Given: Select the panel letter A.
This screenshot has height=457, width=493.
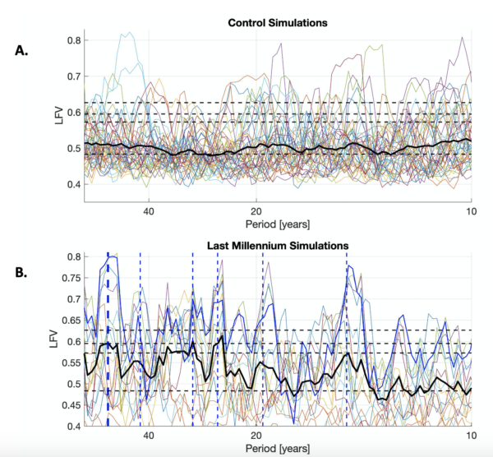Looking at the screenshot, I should pos(22,50).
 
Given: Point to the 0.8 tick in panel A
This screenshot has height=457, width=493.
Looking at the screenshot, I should pos(73,40).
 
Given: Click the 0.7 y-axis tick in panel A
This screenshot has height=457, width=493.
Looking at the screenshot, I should pos(73,76).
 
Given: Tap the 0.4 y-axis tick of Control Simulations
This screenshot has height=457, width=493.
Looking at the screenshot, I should pos(73,184).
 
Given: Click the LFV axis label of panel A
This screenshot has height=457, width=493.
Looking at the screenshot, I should pos(55,113).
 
